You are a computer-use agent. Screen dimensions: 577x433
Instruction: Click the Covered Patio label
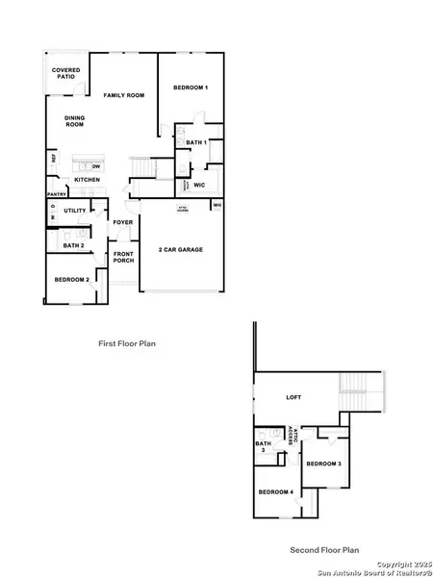click(x=65, y=73)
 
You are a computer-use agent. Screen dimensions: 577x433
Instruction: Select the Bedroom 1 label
click(x=191, y=88)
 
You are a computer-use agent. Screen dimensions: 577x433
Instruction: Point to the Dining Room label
click(x=75, y=121)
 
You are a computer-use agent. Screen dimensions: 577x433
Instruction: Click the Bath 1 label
click(x=196, y=142)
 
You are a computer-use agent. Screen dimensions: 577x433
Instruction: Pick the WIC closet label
click(x=200, y=184)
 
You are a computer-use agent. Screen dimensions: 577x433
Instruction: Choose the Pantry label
click(x=56, y=194)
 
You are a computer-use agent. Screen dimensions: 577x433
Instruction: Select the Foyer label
click(x=123, y=222)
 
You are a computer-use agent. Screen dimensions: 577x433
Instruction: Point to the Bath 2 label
click(x=74, y=245)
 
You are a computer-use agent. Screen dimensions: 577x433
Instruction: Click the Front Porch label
click(x=124, y=257)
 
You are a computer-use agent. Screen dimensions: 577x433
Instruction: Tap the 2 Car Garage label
click(x=181, y=249)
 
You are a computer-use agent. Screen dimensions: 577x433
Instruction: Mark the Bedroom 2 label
click(x=72, y=279)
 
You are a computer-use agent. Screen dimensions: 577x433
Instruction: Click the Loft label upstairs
click(x=294, y=396)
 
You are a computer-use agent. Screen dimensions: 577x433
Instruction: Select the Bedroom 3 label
click(x=323, y=464)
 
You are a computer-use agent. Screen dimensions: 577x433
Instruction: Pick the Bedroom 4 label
click(x=276, y=492)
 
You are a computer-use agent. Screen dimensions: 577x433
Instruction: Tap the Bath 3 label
click(x=262, y=446)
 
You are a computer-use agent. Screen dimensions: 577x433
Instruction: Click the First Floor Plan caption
click(x=127, y=342)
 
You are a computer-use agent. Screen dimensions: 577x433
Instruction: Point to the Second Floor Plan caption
click(x=324, y=550)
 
